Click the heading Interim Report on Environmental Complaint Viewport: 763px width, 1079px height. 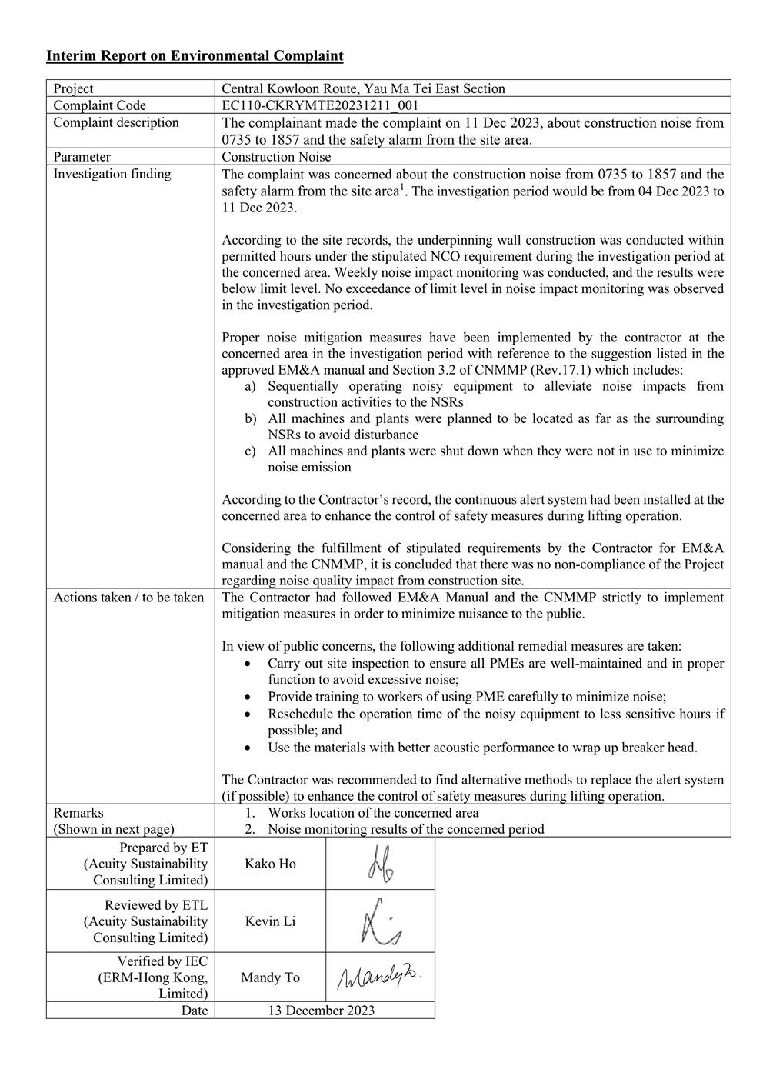click(195, 55)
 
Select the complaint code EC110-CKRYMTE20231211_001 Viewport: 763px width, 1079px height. click(320, 105)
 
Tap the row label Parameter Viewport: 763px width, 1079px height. click(82, 157)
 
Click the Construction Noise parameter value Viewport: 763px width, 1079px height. click(276, 157)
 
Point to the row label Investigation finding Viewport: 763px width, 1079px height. click(112, 174)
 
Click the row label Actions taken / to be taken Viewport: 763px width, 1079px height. click(128, 598)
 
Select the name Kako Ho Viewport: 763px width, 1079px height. click(270, 864)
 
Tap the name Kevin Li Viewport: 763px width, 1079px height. click(270, 921)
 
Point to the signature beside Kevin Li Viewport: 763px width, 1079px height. click(380, 921)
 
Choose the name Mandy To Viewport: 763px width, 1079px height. click(270, 977)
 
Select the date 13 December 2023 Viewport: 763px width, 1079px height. click(321, 1011)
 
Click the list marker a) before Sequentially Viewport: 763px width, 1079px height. click(250, 386)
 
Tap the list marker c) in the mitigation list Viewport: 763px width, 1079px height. click(250, 451)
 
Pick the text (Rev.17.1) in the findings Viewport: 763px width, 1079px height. click(559, 370)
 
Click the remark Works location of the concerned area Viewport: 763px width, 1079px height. click(373, 813)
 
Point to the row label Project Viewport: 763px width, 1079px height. click(74, 88)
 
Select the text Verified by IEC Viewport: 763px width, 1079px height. click(162, 961)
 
